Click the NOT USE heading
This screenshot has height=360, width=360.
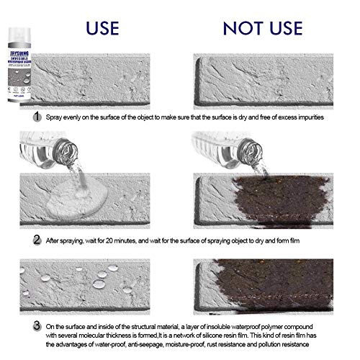(x=264, y=28)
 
